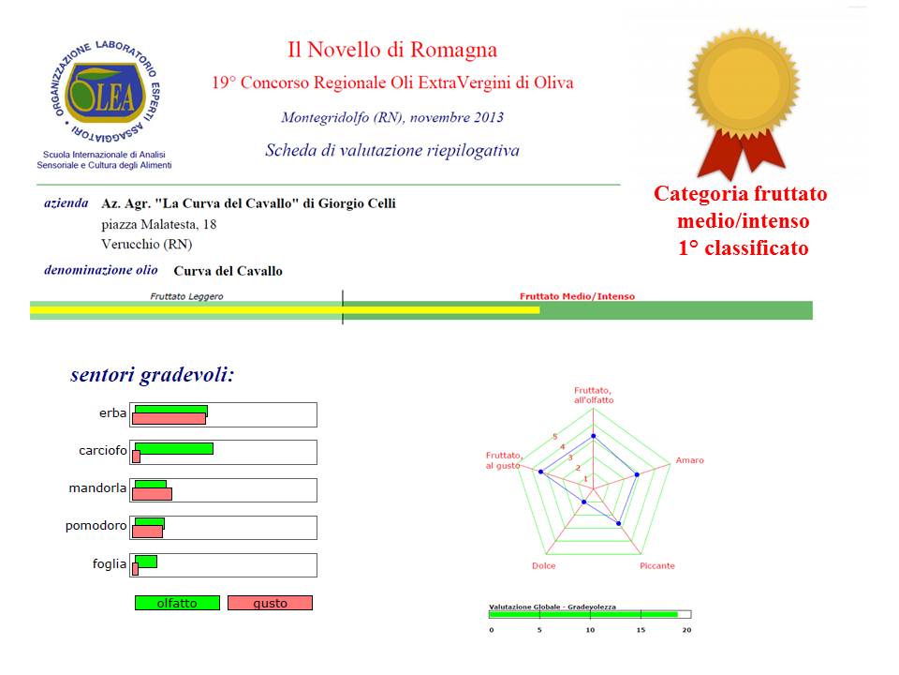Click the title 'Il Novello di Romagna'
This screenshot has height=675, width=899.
click(x=391, y=50)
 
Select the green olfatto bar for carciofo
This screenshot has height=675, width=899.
click(x=174, y=448)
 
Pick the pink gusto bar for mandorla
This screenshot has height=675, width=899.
click(x=152, y=494)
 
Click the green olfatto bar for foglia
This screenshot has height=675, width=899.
click(x=146, y=561)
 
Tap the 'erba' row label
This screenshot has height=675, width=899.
click(x=112, y=413)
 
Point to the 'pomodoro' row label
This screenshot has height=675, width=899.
click(x=96, y=526)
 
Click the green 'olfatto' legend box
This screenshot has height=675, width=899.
click(x=177, y=603)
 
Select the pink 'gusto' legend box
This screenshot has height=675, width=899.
click(x=270, y=603)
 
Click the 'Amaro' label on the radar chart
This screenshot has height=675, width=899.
click(x=689, y=460)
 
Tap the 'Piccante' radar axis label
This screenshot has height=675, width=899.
click(x=656, y=565)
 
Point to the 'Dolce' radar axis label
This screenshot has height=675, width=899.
click(x=543, y=565)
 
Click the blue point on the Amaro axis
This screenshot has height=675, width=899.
click(x=638, y=474)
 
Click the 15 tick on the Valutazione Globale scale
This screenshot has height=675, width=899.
click(x=641, y=629)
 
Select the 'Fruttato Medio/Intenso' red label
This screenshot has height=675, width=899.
click(x=577, y=296)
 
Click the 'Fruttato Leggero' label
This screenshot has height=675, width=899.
click(x=186, y=296)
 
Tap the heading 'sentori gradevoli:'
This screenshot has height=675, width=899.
click(x=152, y=375)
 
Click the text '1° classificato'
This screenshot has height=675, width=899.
click(x=743, y=248)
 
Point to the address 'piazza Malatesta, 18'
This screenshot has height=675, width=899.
click(x=158, y=224)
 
